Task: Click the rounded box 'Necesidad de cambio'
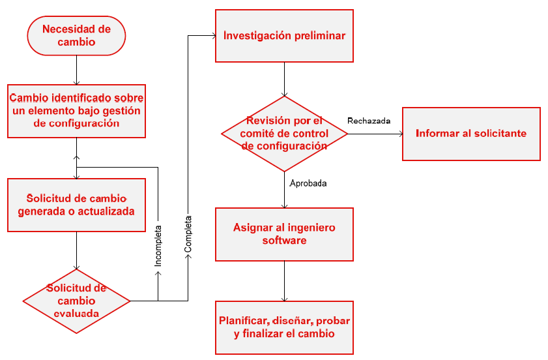[x=76, y=36]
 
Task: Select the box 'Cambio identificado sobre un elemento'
[x=76, y=110]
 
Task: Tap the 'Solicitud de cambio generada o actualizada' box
[x=76, y=205]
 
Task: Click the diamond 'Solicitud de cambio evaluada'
[x=77, y=301]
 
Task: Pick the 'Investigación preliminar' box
[x=284, y=36]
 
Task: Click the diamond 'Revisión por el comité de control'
[x=284, y=134]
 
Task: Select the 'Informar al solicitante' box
[x=470, y=134]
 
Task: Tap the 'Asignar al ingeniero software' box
[x=284, y=233]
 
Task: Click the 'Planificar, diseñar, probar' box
[x=284, y=327]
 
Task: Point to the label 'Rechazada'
[x=369, y=121]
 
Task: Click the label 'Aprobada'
[x=308, y=183]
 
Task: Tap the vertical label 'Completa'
[x=188, y=234]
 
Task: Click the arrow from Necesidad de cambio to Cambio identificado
[x=77, y=69]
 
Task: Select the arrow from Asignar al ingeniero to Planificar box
[x=284, y=280]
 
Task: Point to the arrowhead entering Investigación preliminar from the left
[x=212, y=36]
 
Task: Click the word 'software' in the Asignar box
[x=284, y=240]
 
